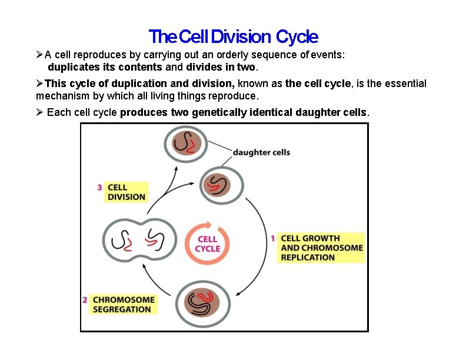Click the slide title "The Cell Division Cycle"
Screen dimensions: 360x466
[x=233, y=37]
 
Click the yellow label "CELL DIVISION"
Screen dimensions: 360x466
[x=126, y=192]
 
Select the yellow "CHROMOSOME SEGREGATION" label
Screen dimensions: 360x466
[x=124, y=304]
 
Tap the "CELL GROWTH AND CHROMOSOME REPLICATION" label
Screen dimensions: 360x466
[x=321, y=248]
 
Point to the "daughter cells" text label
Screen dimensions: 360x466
[x=261, y=152]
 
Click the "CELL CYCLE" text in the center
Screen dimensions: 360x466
[x=207, y=244]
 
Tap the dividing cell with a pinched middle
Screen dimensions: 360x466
[x=138, y=241]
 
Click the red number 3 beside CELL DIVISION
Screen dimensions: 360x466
[x=100, y=188]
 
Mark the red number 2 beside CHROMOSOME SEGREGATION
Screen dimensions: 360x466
[x=85, y=299]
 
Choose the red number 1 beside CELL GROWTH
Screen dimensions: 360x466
[x=273, y=238]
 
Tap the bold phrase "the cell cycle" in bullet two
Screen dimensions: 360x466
[x=318, y=84]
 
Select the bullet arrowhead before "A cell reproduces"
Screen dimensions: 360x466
[x=39, y=55]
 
